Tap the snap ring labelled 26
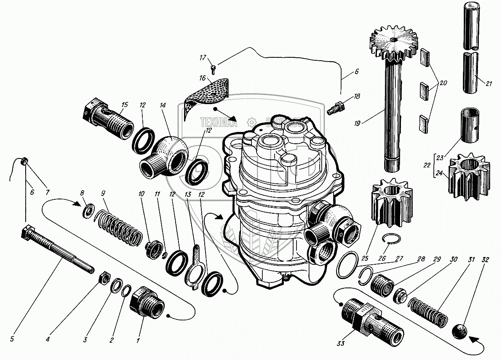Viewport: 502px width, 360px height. (393, 240)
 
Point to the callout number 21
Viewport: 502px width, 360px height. (489, 83)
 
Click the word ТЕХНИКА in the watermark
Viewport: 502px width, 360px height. (218, 122)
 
